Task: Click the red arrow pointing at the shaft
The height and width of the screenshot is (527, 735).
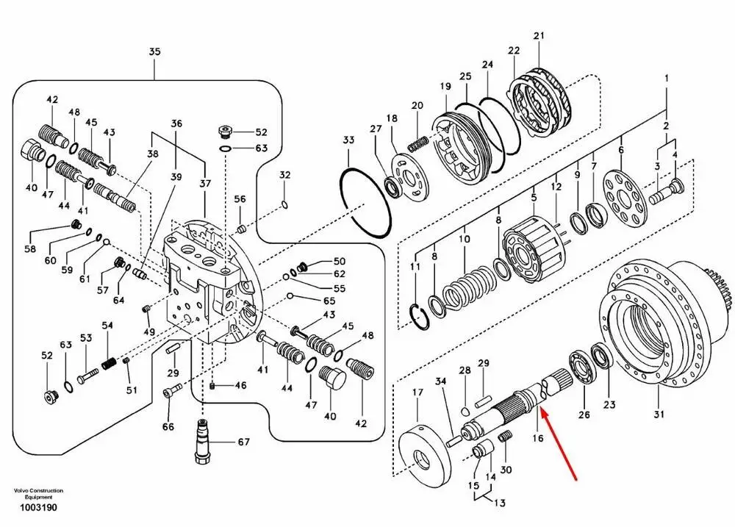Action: pos(558,443)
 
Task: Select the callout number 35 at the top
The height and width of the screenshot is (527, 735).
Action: pos(154,51)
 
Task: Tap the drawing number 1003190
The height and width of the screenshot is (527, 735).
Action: pos(38,507)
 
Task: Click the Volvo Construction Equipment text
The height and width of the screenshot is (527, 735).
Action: pos(38,494)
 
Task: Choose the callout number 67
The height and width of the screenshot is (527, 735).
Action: pos(243,442)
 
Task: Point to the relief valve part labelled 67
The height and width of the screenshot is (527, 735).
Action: pos(203,442)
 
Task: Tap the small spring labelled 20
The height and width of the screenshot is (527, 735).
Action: pos(417,143)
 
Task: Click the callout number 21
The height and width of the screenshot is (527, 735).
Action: pos(539,35)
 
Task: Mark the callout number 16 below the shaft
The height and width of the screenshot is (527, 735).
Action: pos(538,438)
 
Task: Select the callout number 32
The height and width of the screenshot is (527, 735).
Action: pos(285,176)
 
